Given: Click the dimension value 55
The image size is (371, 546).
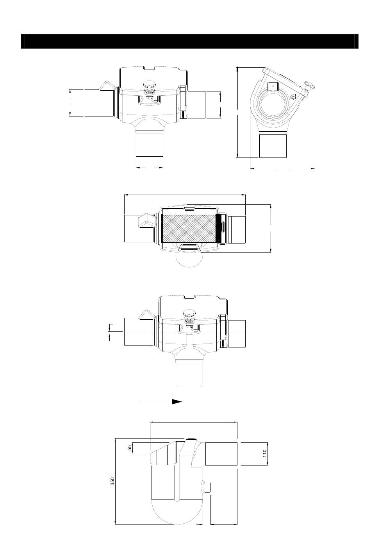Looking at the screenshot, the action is (x=130, y=448).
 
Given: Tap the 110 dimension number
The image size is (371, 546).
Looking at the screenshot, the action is (x=265, y=454).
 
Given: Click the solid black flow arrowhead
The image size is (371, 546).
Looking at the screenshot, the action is (x=177, y=402).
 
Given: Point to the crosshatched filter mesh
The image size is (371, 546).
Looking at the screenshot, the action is (x=189, y=229).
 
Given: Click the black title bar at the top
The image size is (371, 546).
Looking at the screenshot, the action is (x=189, y=41).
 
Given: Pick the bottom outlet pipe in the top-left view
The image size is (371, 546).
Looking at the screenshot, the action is (x=149, y=145).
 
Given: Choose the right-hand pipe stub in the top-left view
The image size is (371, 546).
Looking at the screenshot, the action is (x=196, y=105).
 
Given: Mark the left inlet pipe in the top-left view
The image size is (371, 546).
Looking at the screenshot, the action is (x=99, y=103).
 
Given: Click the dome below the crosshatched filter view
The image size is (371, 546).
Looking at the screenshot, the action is (x=189, y=259).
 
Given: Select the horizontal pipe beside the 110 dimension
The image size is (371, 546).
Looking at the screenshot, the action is (x=221, y=454).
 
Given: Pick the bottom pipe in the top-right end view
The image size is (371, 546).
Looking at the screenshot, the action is (x=273, y=146).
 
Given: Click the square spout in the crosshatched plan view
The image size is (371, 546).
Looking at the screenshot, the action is (x=145, y=220).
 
